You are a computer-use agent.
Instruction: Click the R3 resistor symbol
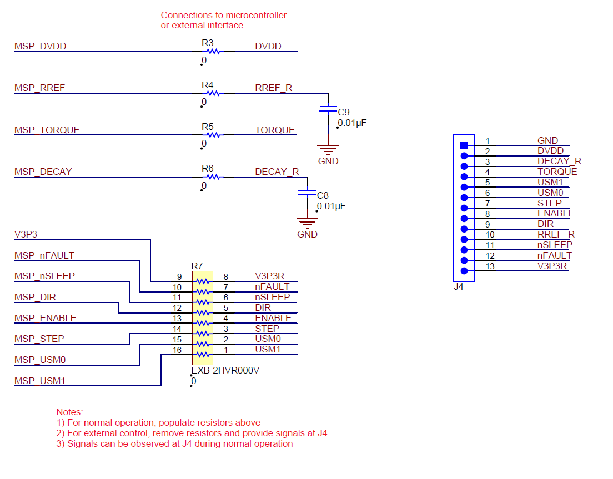pos(213,52)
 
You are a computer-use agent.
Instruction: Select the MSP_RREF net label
pos(41,88)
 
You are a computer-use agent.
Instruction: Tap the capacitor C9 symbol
pos(329,109)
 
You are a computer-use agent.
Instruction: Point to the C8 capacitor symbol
pos(307,193)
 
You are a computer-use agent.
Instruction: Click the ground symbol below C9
pos(328,149)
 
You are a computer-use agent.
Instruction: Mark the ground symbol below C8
pos(307,222)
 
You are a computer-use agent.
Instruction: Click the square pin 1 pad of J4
pos(464,145)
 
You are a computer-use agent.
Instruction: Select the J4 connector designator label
pos(458,287)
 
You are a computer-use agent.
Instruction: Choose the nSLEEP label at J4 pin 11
pos(554,245)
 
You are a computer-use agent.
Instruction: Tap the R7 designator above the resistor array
pos(198,266)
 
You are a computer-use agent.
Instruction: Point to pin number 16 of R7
pos(178,350)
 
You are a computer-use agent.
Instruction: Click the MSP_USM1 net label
pos(40,381)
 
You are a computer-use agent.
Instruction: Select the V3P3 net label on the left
pos(26,234)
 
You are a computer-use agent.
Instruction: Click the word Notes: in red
pos(69,412)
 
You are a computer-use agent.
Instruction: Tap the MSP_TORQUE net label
pos(47,130)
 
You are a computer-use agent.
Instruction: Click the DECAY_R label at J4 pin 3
pos(559,161)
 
